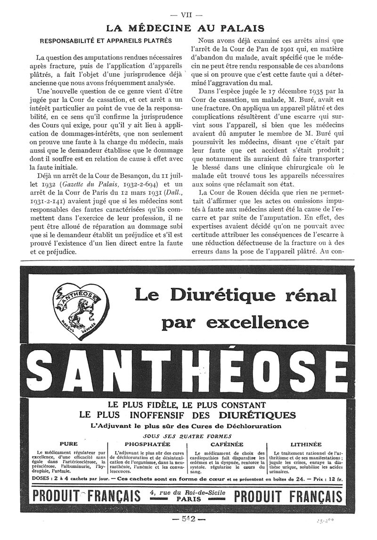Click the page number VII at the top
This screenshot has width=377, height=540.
click(188, 15)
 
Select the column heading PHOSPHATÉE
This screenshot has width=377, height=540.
click(147, 444)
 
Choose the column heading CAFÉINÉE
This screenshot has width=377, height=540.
click(227, 444)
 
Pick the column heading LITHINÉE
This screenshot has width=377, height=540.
click(306, 444)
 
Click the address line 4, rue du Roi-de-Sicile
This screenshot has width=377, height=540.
click(187, 493)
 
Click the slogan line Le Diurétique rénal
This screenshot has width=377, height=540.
click(236, 295)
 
